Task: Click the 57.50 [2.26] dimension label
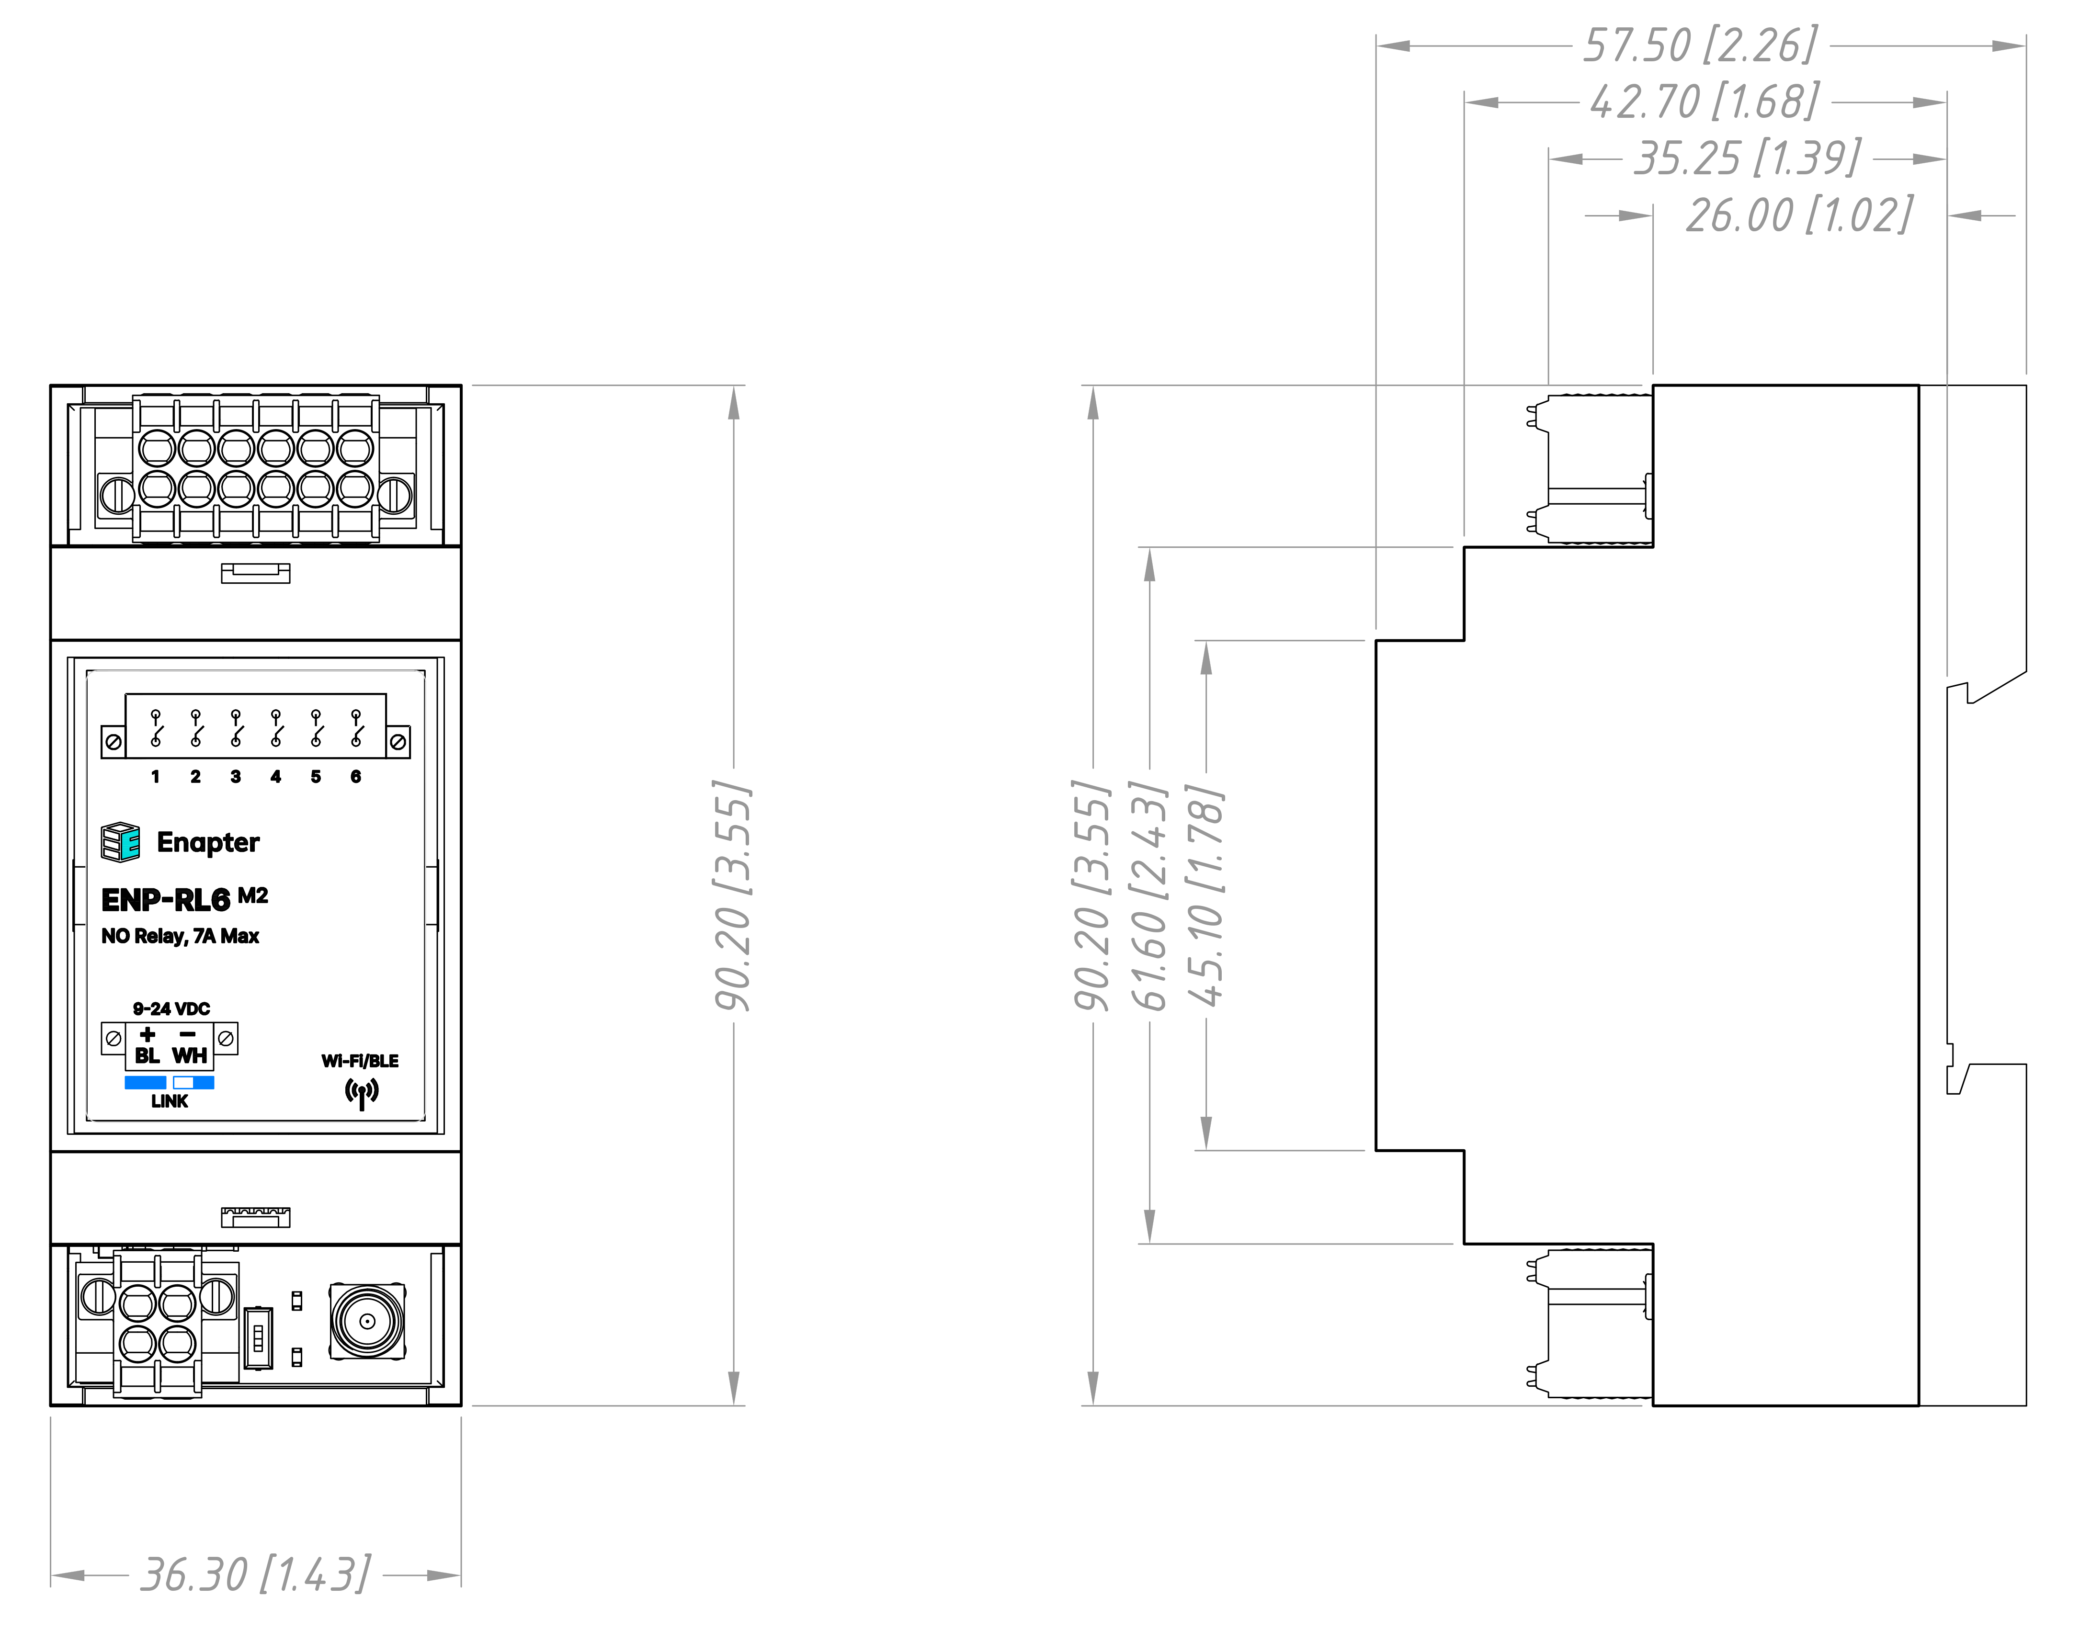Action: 1699,45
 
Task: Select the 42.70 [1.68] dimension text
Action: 1704,102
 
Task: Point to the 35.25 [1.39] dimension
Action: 1747,158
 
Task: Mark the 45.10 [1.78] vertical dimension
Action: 1206,895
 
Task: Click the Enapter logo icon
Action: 121,841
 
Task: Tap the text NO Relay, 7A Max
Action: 180,936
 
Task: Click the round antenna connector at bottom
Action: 367,1322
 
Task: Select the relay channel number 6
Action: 355,776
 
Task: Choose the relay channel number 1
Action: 155,776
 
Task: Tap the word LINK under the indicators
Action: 170,1102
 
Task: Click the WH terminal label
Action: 190,1056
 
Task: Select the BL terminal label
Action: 148,1056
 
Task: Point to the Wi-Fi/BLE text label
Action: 360,1061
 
